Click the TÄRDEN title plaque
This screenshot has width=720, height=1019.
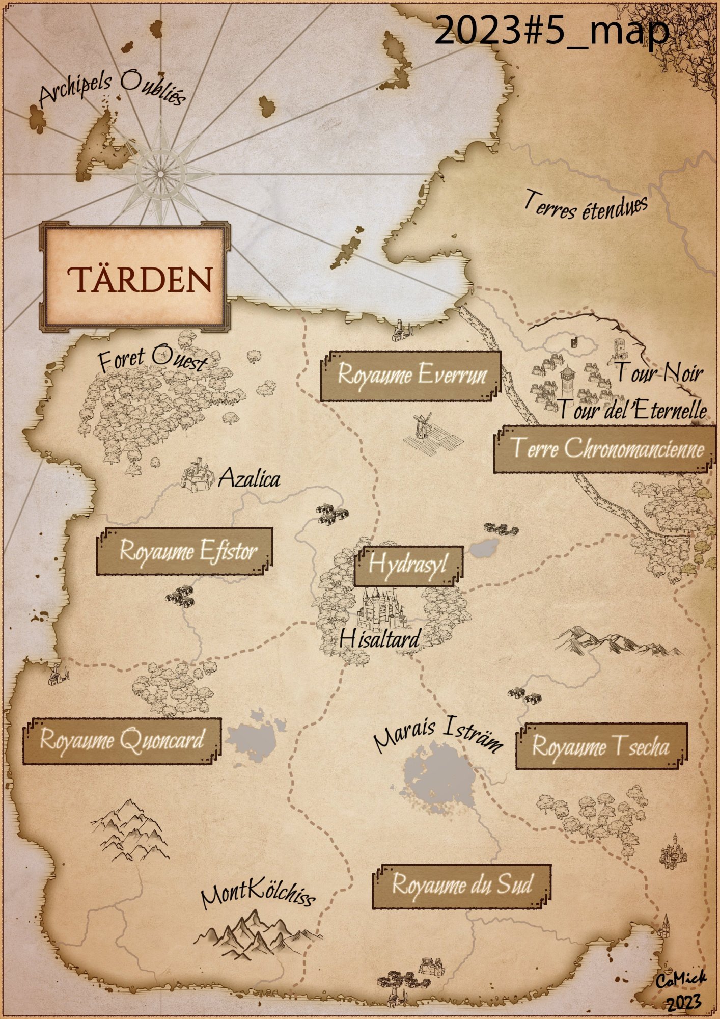(134, 278)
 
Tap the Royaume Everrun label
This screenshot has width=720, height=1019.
(411, 376)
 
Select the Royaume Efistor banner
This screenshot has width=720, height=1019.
(185, 551)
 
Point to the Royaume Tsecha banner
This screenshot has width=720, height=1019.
(601, 746)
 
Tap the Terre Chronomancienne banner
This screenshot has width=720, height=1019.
(606, 449)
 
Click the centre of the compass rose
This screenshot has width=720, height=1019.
(161, 174)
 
